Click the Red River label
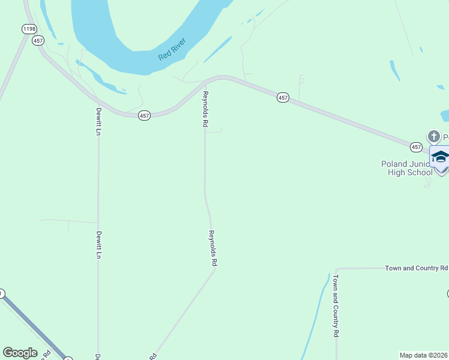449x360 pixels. [172, 49]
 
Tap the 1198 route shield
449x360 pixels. [28, 29]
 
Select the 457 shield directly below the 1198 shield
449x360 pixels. [38, 41]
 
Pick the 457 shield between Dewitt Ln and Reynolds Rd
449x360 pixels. [144, 116]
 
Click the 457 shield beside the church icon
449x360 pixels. [416, 147]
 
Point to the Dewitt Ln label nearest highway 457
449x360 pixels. [98, 121]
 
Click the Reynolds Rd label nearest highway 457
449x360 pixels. [205, 109]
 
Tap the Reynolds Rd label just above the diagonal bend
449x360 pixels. [212, 248]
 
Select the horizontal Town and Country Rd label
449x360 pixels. [417, 268]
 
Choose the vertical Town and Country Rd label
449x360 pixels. [336, 305]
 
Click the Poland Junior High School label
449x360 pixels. [406, 168]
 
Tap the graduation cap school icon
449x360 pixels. [440, 157]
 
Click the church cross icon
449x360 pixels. [433, 136]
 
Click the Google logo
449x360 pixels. [20, 353]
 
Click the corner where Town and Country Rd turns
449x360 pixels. [337, 269]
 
